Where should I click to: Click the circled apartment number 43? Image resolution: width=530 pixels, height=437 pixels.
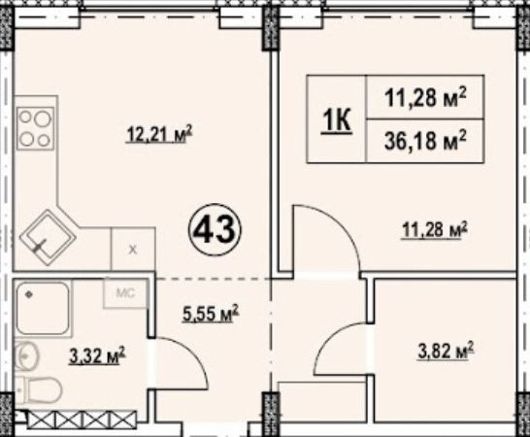[215, 229]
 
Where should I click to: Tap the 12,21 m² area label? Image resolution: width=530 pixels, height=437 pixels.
[159, 134]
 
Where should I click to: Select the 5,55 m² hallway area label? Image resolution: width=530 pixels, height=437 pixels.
[211, 314]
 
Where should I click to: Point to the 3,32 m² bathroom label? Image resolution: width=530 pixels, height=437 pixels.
[97, 355]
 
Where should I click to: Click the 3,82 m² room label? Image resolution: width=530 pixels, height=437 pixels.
[446, 351]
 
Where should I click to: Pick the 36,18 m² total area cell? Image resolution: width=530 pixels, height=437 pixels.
[425, 141]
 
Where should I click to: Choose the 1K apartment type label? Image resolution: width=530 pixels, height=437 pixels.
[336, 120]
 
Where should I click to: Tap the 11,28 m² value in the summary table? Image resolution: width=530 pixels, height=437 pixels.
[425, 97]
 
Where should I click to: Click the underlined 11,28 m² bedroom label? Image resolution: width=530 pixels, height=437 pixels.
[434, 230]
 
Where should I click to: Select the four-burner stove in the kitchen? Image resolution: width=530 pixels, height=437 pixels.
[35, 128]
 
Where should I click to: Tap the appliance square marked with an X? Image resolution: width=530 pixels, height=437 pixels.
[133, 250]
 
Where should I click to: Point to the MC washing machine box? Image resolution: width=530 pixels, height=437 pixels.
[125, 293]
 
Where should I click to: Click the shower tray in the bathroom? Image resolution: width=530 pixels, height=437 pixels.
[43, 308]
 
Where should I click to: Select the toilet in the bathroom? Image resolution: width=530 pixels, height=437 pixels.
[39, 390]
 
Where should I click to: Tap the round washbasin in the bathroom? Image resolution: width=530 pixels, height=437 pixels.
[27, 355]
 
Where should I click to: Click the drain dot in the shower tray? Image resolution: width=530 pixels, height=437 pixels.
[29, 294]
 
